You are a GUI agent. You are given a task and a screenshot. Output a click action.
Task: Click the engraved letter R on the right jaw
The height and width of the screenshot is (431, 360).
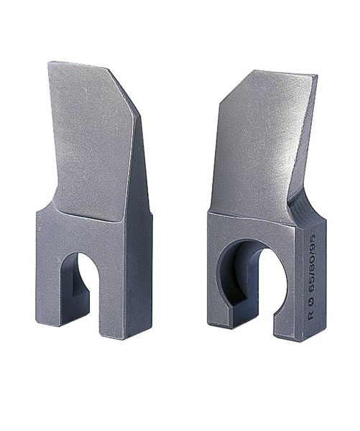click(310, 315)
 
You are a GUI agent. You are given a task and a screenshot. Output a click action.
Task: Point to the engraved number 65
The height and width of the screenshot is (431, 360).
click(311, 288)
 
